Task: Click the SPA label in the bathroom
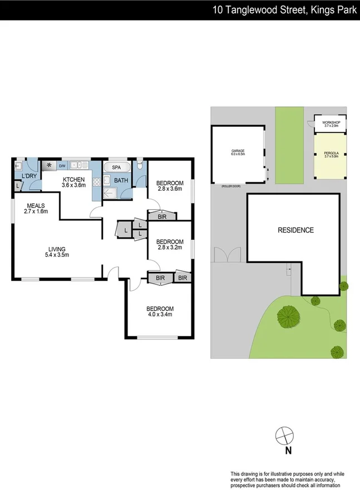point(116,167)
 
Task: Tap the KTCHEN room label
point(73,179)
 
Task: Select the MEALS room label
point(36,205)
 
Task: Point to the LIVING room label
point(57,249)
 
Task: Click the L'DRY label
point(29,176)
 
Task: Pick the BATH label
point(121,180)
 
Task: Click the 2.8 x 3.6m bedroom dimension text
point(170,189)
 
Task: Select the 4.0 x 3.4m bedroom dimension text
point(160,314)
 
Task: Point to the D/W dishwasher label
point(62,165)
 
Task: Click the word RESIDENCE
point(295,230)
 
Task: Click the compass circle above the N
point(284,434)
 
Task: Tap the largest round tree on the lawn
point(288,316)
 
